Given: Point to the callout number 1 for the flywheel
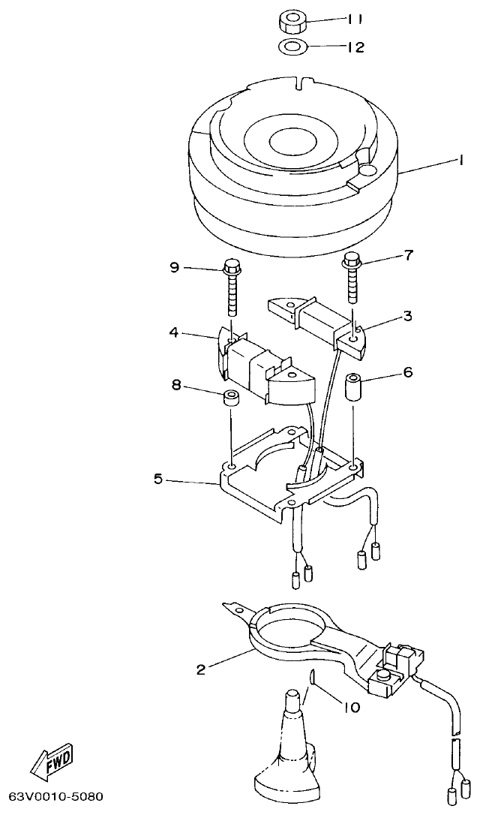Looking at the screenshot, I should [x=463, y=160].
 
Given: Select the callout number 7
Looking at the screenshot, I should [x=409, y=257].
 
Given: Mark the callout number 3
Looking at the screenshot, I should [x=407, y=316].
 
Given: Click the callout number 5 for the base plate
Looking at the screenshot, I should [x=158, y=479].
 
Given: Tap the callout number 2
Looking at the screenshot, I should [x=201, y=669].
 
